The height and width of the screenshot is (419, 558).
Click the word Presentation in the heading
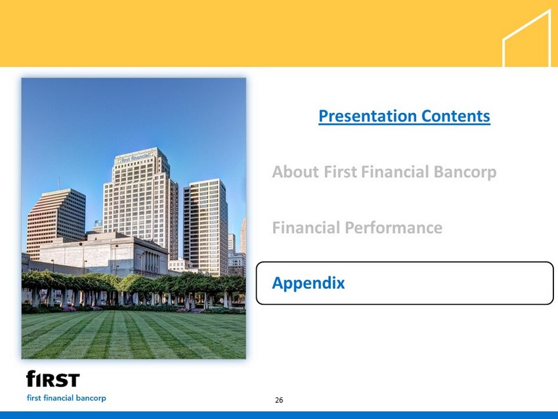tap(367, 116)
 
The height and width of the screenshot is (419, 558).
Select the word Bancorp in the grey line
tap(465, 172)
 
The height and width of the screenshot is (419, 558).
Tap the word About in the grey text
tap(295, 171)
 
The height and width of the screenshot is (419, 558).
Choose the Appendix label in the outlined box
tap(308, 283)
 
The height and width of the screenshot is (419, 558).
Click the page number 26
tap(279, 400)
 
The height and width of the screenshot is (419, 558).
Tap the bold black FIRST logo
tap(53, 379)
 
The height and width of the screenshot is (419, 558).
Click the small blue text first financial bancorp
tap(66, 398)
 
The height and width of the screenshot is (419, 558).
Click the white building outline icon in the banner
tap(526, 38)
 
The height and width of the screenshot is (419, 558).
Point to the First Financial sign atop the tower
tap(136, 158)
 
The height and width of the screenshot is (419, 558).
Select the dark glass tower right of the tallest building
tap(205, 227)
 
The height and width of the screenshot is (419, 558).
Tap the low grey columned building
tap(100, 255)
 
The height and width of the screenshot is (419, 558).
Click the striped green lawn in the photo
tap(133, 335)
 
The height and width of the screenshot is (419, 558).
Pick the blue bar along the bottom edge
tap(279, 415)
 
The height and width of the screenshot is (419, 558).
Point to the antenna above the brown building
tap(59, 183)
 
